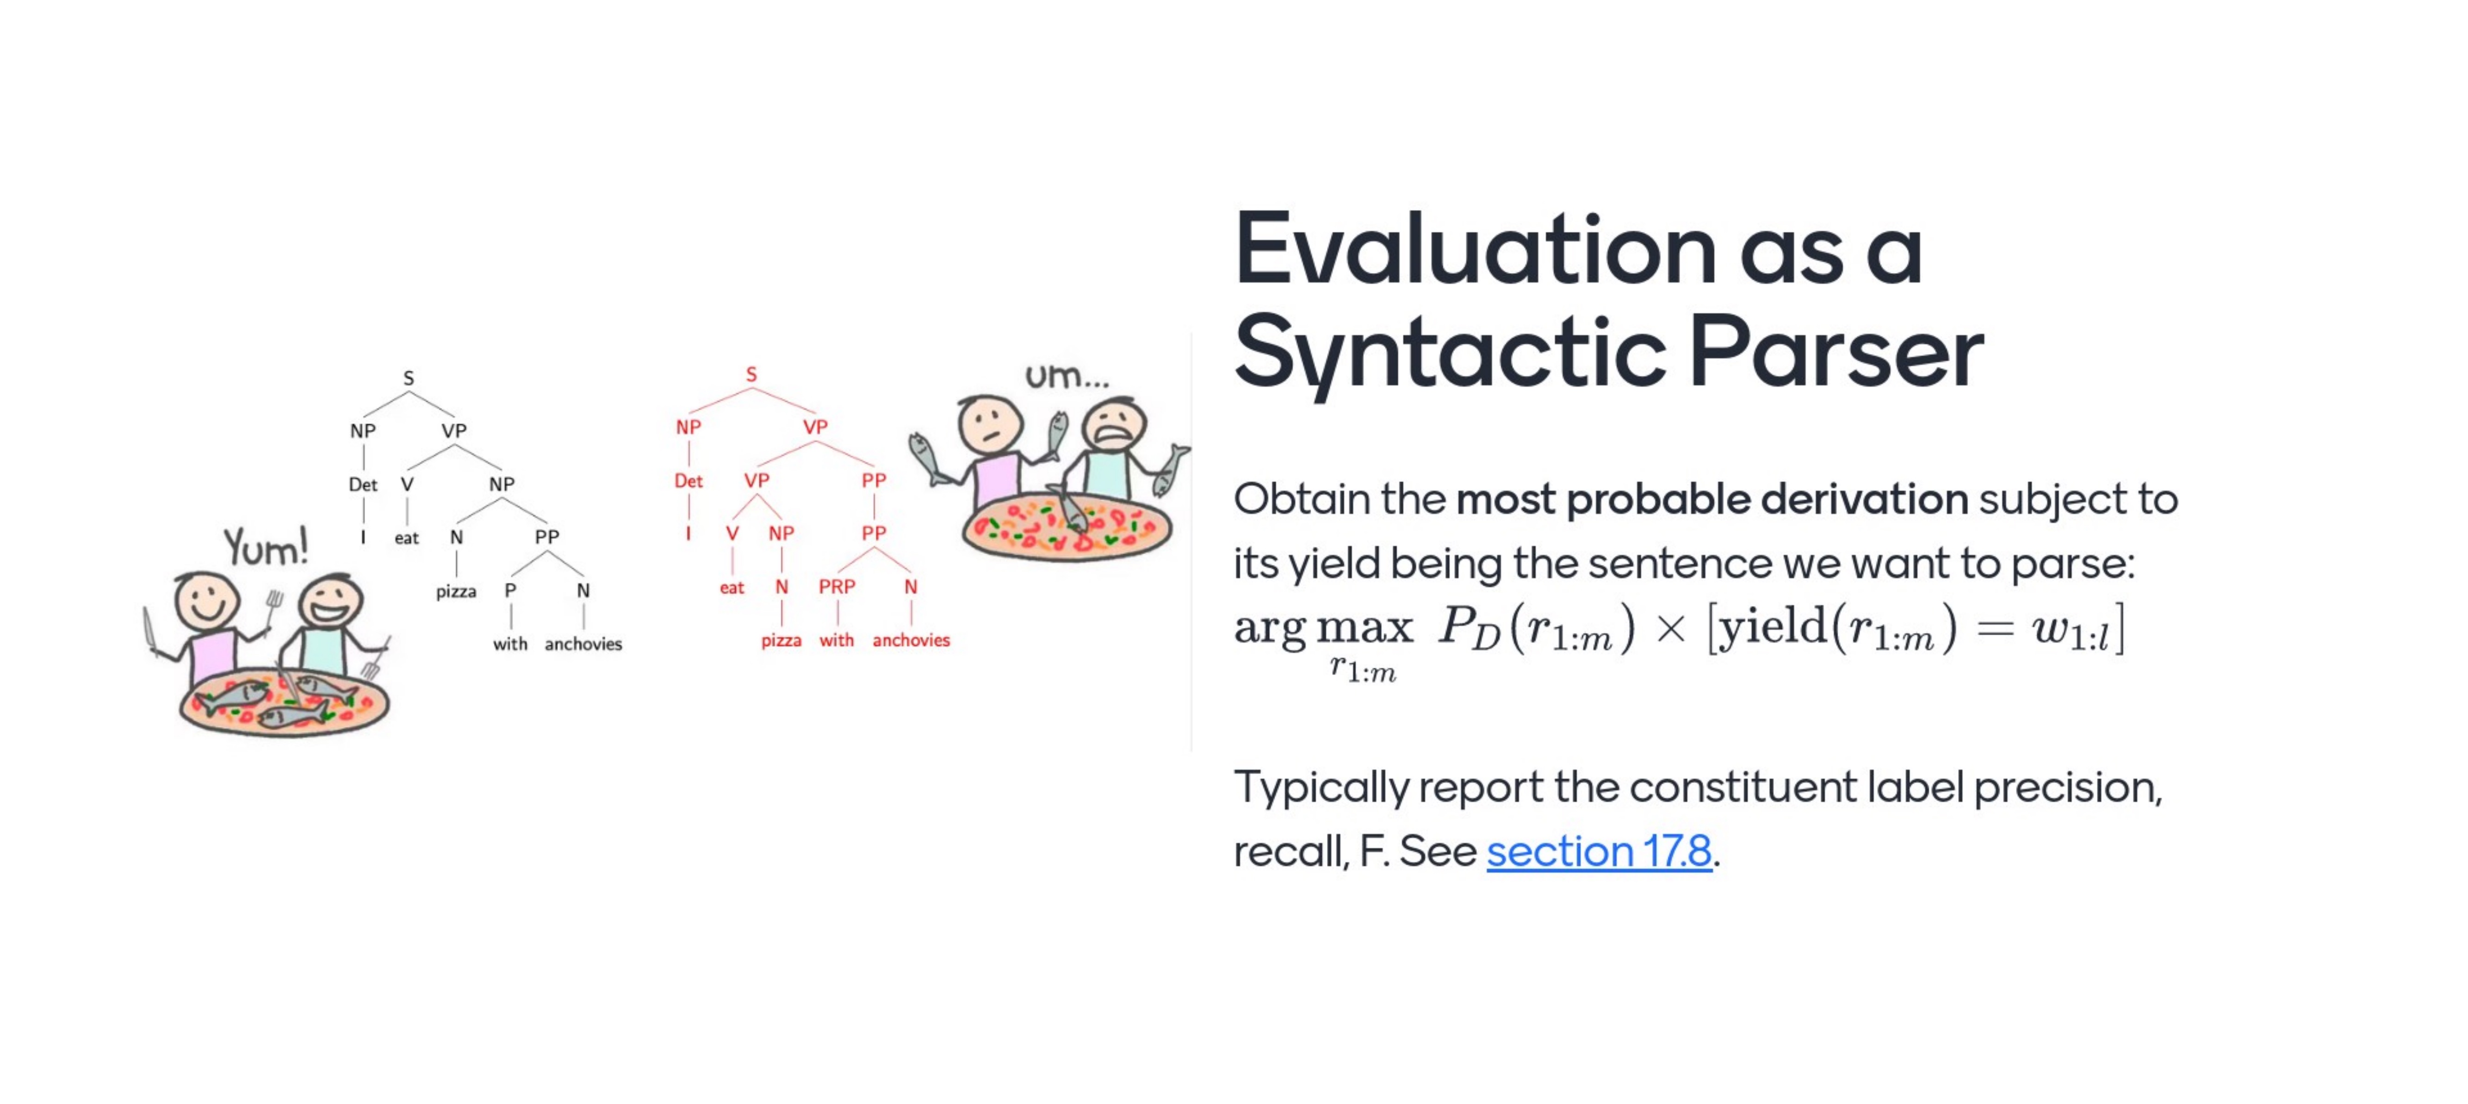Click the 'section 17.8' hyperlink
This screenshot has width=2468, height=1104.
click(1599, 851)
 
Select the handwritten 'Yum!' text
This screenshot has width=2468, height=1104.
click(267, 546)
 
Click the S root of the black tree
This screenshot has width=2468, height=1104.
click(409, 378)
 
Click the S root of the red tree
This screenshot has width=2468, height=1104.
click(751, 374)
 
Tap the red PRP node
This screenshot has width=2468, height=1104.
click(837, 585)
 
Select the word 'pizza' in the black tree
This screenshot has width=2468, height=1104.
click(456, 591)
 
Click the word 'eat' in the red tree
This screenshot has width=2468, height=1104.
click(732, 588)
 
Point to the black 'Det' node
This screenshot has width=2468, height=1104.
click(363, 484)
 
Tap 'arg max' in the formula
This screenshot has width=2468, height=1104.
click(1323, 628)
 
